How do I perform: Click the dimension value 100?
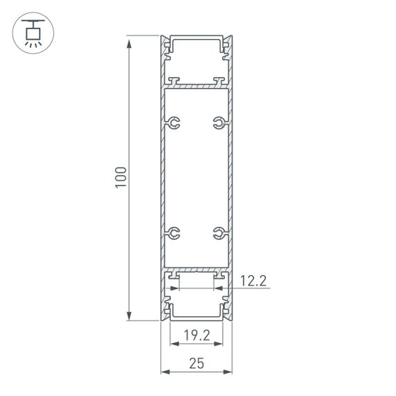pyautogui.click(x=120, y=177)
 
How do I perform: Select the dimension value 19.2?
pyautogui.click(x=197, y=336)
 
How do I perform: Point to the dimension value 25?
pyautogui.click(x=197, y=363)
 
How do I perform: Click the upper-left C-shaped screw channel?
pyautogui.click(x=173, y=124)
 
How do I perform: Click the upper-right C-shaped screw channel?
pyautogui.click(x=219, y=124)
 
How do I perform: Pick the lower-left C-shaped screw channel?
pyautogui.click(x=173, y=232)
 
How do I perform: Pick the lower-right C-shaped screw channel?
pyautogui.click(x=219, y=232)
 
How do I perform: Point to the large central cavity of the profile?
pyautogui.click(x=197, y=177)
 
